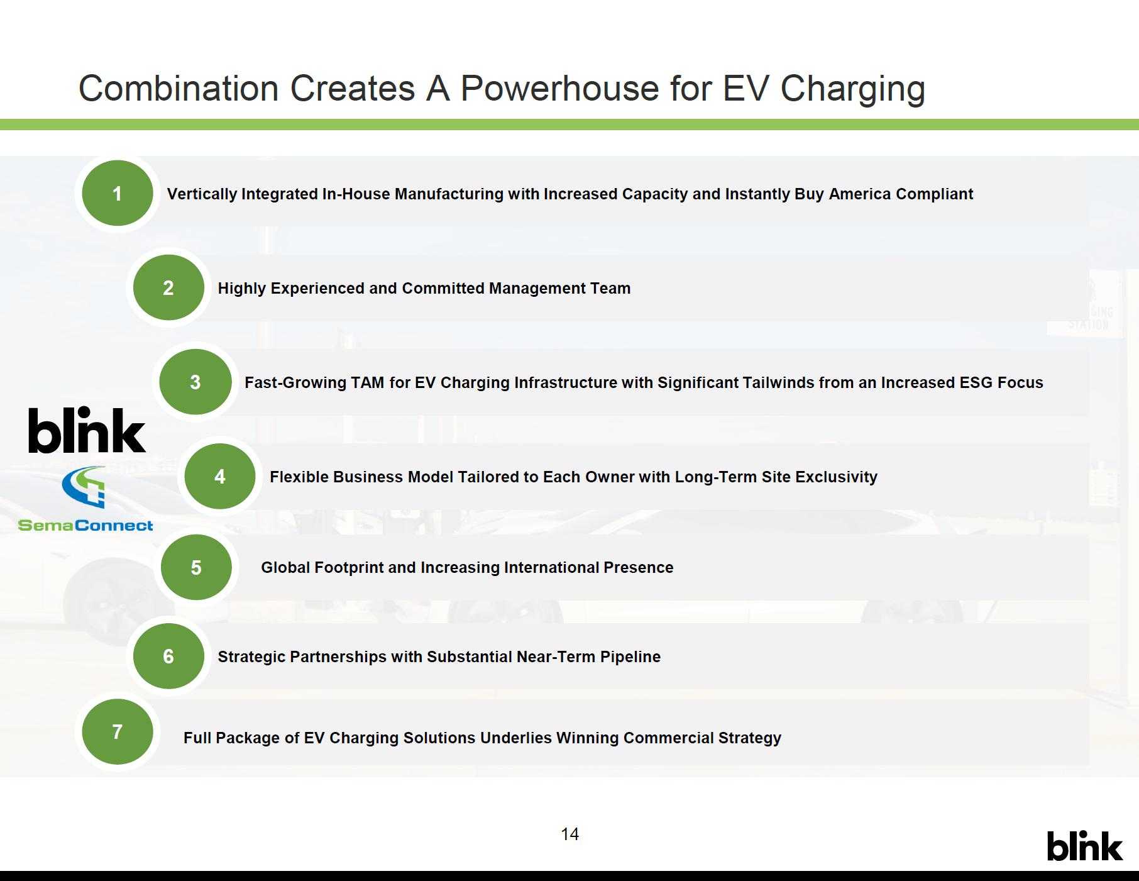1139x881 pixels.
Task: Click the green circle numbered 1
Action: pos(117,193)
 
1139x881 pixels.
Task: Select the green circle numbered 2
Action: pos(168,287)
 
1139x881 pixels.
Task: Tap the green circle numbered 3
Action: pos(195,382)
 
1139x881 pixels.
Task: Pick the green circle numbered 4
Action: pos(220,476)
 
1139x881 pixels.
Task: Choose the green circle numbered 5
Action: pos(196,567)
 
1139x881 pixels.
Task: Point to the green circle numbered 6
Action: pos(168,656)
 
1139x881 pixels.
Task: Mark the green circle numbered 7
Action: pos(117,731)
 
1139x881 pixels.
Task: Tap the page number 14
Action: pos(569,834)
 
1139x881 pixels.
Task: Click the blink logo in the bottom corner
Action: pos(1084,846)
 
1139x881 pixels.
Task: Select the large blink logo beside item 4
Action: pos(87,429)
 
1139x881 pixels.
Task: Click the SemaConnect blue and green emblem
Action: pos(84,487)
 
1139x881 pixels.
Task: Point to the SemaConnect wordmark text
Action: pos(85,525)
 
